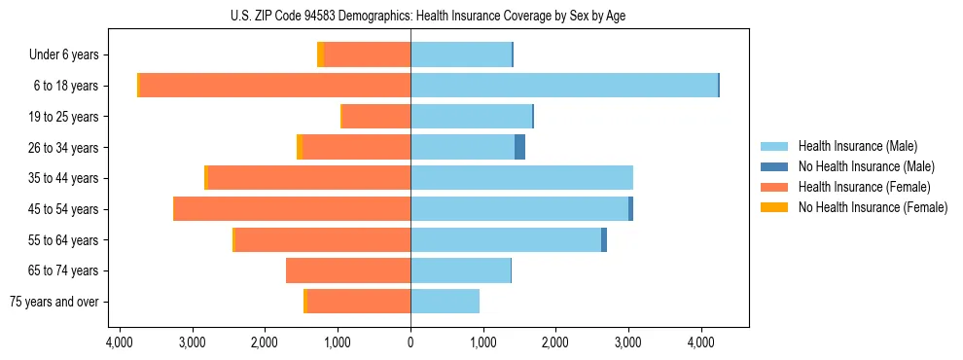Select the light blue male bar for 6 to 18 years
pyautogui.click(x=564, y=86)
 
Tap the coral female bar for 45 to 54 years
pyautogui.click(x=292, y=209)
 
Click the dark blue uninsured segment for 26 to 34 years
pyautogui.click(x=519, y=148)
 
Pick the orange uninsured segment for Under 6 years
pyautogui.click(x=320, y=55)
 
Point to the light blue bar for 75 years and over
pyautogui.click(x=445, y=302)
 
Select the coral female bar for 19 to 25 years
pyautogui.click(x=376, y=117)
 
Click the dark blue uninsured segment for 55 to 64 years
pyautogui.click(x=604, y=240)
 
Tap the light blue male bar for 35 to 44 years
pyautogui.click(x=521, y=178)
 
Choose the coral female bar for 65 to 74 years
pyautogui.click(x=348, y=270)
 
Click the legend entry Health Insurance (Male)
pyautogui.click(x=857, y=146)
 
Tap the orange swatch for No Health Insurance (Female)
pyautogui.click(x=774, y=207)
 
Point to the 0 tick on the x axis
pyautogui.click(x=410, y=342)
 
